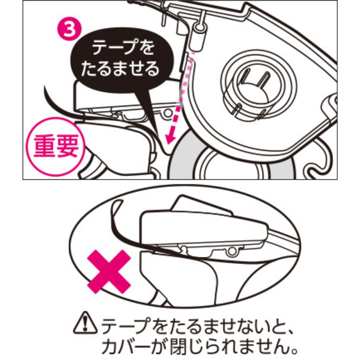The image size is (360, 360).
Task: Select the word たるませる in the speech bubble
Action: pyautogui.click(x=120, y=69)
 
